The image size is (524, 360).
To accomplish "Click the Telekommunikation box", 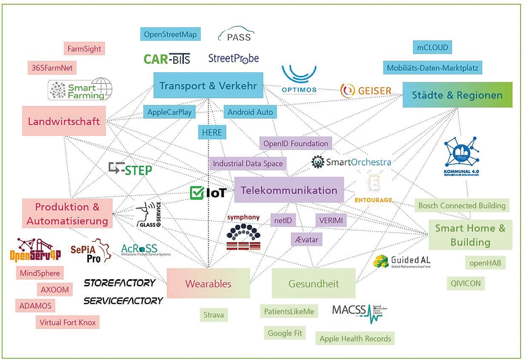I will [289, 190].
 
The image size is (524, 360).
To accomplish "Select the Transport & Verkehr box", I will [208, 86].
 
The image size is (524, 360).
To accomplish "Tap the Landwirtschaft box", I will [64, 121].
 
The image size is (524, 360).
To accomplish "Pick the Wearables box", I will [208, 283].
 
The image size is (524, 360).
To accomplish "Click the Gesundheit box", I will [313, 283].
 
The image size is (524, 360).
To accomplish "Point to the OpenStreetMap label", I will [170, 34].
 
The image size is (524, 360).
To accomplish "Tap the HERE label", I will [212, 133].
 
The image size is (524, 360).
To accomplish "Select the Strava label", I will [213, 315].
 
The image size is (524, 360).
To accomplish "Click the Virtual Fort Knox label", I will [68, 322].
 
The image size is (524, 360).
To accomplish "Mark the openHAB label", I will [485, 263].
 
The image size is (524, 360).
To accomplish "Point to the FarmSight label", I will [84, 48].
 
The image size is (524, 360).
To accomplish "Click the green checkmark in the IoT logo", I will [196, 193].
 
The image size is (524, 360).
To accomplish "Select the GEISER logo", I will [366, 90].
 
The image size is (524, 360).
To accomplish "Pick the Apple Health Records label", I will [355, 338].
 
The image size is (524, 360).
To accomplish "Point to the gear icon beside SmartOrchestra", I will [318, 162].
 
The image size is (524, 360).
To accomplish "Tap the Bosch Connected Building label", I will [462, 205].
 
